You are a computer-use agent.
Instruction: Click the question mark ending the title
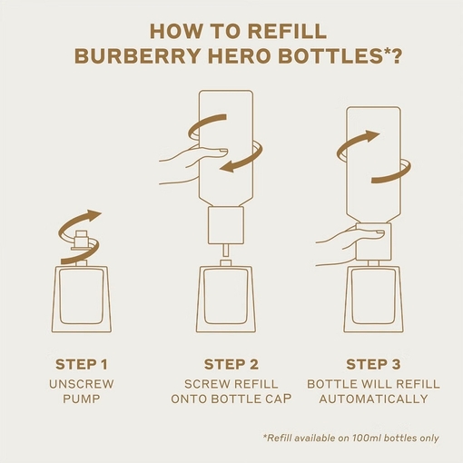point(396,56)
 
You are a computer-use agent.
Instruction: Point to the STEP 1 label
point(82,364)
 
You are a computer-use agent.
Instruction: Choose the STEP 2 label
point(231,364)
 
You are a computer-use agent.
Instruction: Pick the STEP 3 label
point(373,364)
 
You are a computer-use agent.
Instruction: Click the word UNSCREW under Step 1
point(82,384)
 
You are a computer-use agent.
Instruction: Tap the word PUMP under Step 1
point(82,399)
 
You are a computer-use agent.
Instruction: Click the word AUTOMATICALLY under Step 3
point(373,399)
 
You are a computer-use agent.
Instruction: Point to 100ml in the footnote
point(363,438)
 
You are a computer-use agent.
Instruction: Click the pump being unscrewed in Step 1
point(82,241)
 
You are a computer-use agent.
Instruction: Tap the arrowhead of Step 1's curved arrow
point(94,214)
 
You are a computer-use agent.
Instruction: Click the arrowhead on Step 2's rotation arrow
point(227,167)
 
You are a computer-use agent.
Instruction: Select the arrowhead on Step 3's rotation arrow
point(372,135)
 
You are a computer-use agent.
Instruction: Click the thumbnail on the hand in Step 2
point(222,151)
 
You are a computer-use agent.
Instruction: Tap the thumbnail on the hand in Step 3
point(379,232)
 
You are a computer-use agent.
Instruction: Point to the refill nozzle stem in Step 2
point(225,251)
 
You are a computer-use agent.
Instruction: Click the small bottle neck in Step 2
point(226,263)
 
